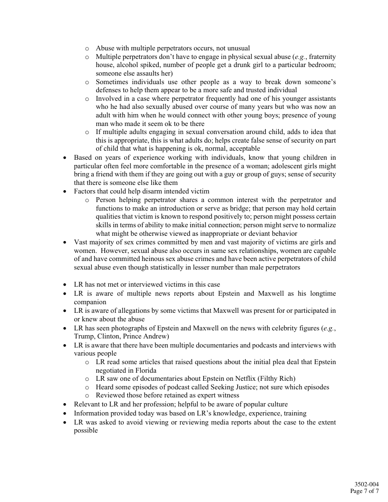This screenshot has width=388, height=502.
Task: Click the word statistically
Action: click(169, 268)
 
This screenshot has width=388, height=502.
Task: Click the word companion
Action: click(90, 302)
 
